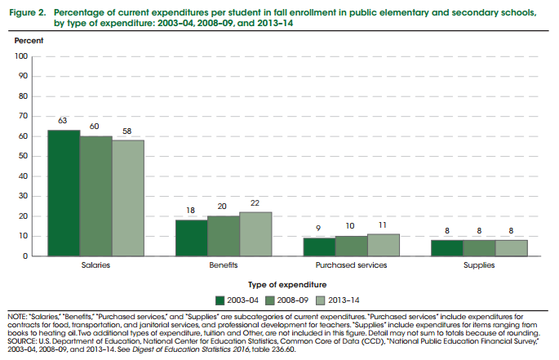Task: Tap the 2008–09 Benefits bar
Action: click(x=223, y=237)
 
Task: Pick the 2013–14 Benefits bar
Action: click(x=255, y=234)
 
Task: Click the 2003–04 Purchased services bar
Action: click(x=318, y=247)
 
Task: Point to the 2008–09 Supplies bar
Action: click(x=479, y=248)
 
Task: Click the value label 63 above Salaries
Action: click(x=63, y=121)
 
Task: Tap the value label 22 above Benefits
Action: click(x=255, y=203)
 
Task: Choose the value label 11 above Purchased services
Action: click(x=383, y=224)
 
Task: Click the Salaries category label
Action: click(x=95, y=266)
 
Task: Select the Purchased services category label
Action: click(x=351, y=266)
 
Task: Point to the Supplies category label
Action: click(x=479, y=266)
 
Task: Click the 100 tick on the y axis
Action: click(x=22, y=56)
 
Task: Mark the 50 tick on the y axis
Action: click(x=24, y=157)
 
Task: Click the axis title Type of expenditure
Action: click(x=279, y=283)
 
